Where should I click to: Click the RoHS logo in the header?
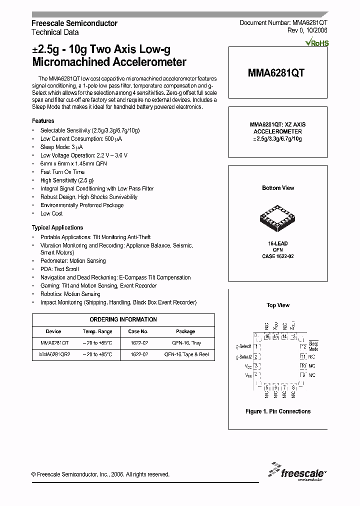click(x=316, y=43)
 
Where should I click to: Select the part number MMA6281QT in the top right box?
click(x=276, y=72)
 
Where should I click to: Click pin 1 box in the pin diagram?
click(x=256, y=346)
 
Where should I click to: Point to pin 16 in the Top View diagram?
click(x=267, y=337)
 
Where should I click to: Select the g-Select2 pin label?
click(x=244, y=356)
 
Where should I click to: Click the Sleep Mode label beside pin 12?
click(x=313, y=346)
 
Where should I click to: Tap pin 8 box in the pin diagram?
click(x=293, y=387)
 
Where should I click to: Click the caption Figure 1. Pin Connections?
click(x=278, y=411)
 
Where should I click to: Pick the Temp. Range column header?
click(x=97, y=331)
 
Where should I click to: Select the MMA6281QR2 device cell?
click(x=54, y=354)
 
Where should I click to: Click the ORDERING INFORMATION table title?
click(x=123, y=319)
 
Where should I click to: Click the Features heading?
click(x=43, y=121)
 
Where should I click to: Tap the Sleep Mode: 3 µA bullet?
click(x=61, y=147)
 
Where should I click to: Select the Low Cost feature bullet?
click(x=51, y=213)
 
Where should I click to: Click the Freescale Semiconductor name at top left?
click(x=74, y=23)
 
